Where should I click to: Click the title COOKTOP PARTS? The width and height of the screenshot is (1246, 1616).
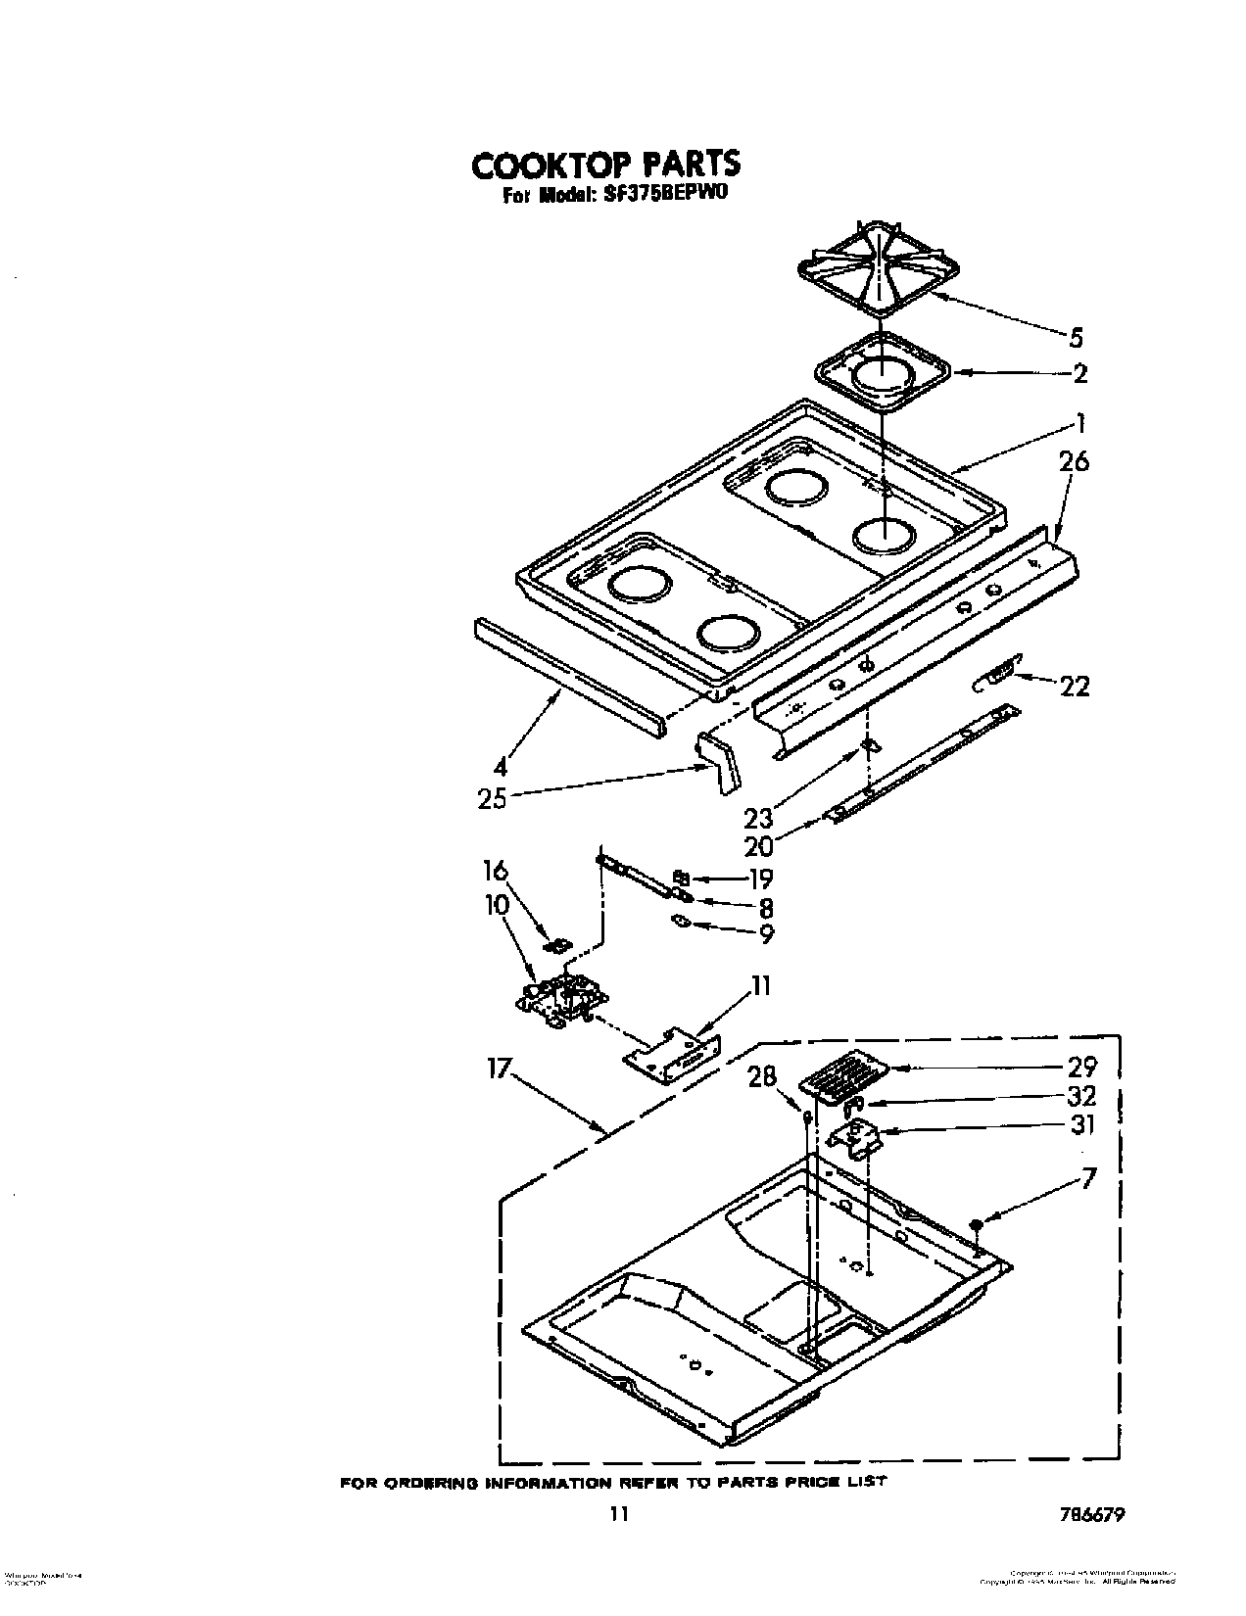click(605, 164)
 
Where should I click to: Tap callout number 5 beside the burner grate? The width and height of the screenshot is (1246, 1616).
click(1076, 338)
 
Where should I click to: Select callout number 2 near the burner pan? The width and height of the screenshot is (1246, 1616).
click(1079, 373)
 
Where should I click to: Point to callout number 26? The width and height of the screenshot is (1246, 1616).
click(1074, 460)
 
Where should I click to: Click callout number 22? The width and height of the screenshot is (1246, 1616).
click(1075, 687)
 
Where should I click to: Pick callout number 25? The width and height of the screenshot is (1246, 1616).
click(493, 799)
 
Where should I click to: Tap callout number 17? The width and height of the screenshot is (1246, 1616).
click(499, 1068)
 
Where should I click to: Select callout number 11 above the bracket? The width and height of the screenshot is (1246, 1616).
click(761, 985)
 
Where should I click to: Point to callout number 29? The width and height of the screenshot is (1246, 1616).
click(1082, 1067)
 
